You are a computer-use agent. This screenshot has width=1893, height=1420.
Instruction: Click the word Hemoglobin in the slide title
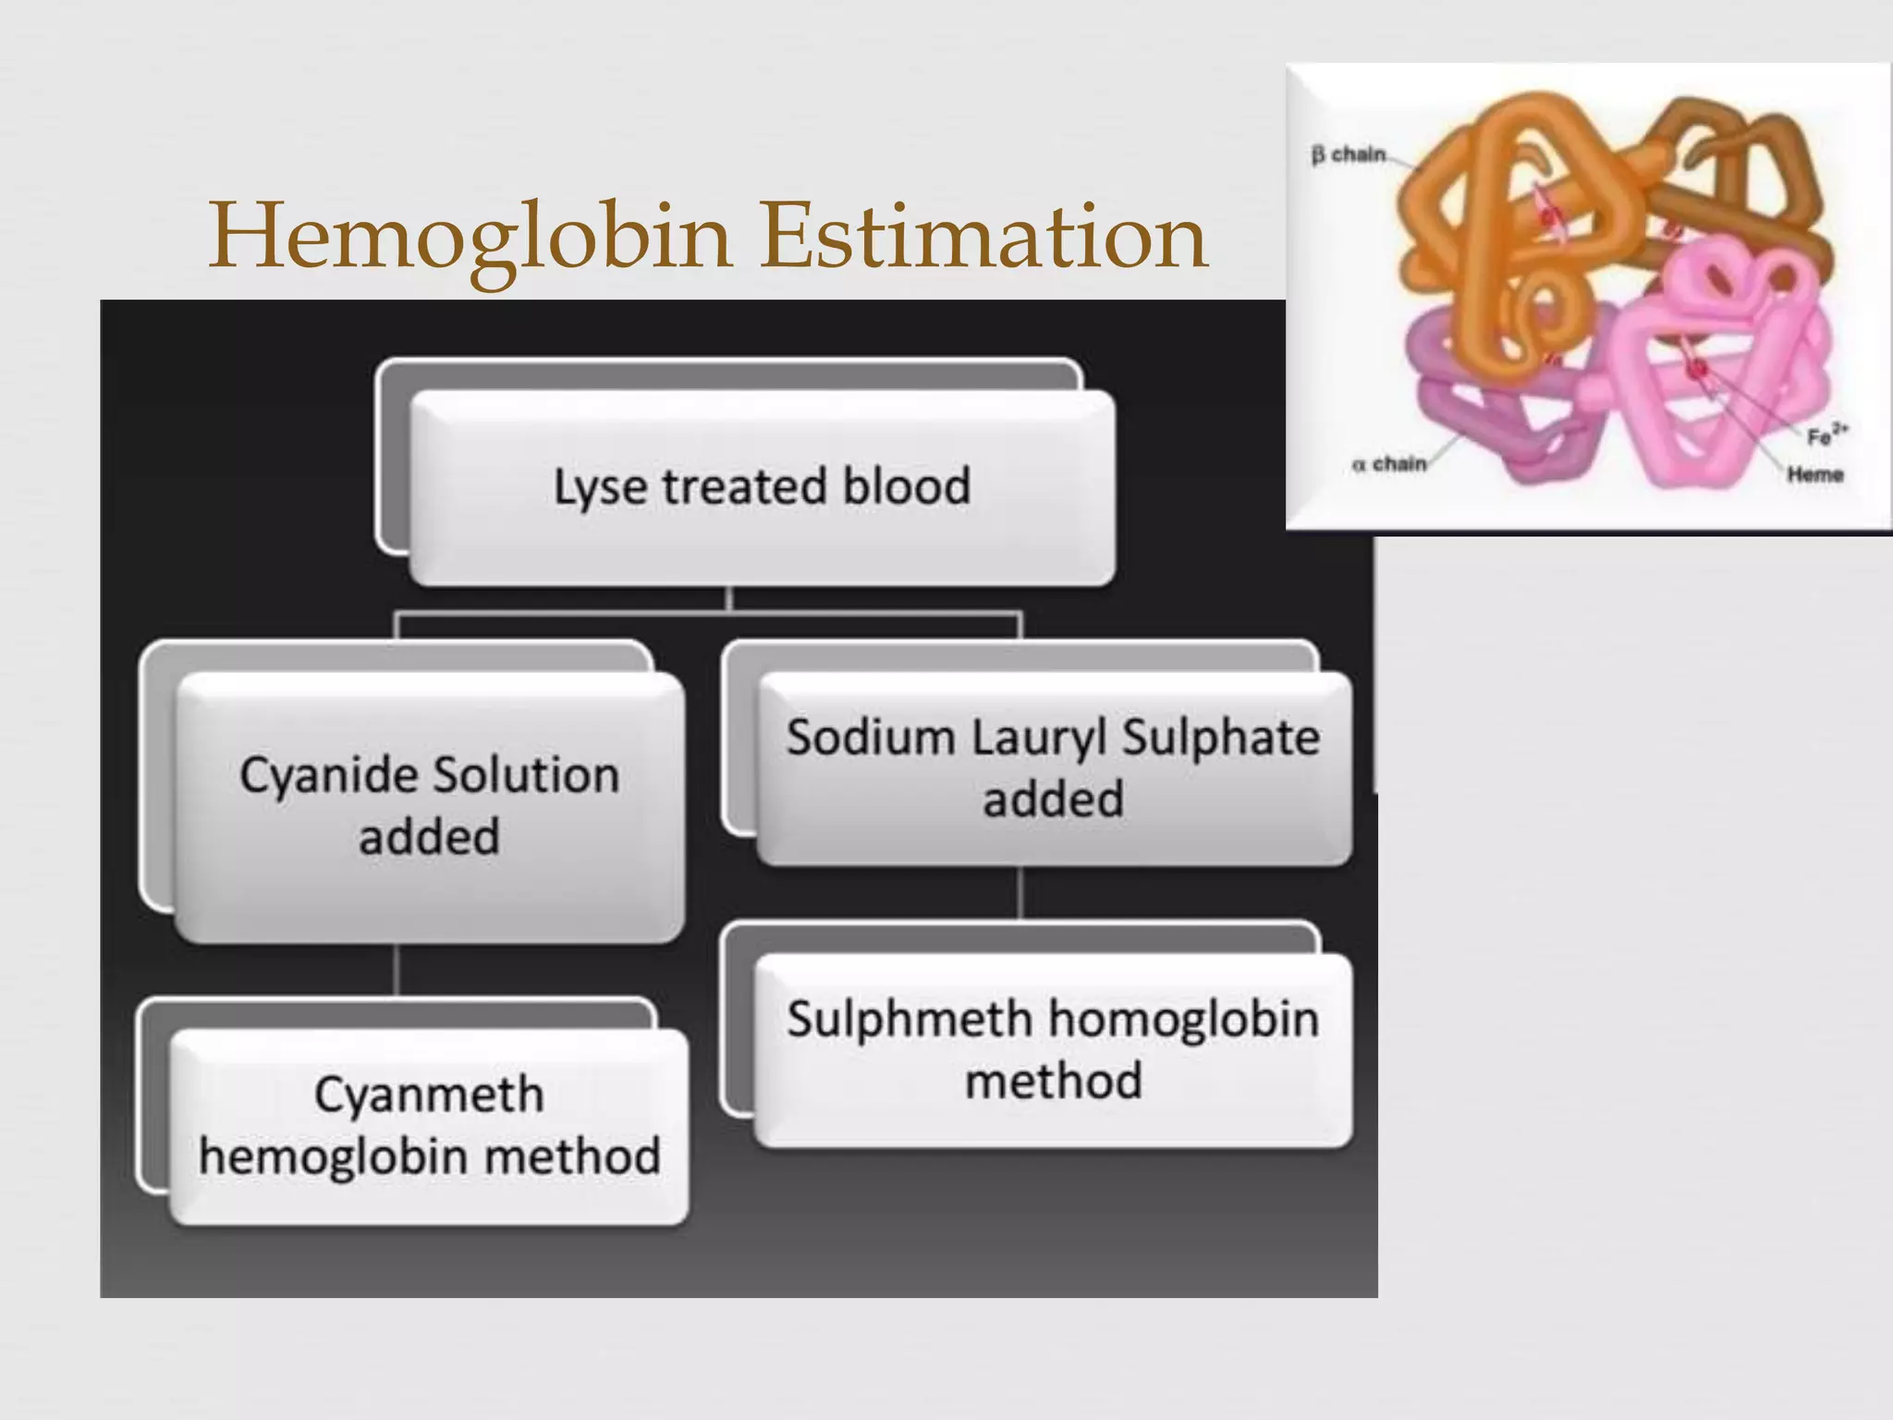pos(471,237)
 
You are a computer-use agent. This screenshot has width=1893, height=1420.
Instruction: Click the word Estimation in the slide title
pos(983,237)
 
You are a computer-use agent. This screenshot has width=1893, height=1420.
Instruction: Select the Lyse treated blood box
pos(762,487)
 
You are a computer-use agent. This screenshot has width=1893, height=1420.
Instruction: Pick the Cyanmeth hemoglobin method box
pos(430,1126)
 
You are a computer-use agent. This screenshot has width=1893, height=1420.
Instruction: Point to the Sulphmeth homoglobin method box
pos(1053,1050)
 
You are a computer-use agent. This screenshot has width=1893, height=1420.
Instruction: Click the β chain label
pos(1349,154)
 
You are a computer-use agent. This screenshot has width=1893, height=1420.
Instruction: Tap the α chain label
pos(1389,464)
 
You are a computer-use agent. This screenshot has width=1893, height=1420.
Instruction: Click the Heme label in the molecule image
pos(1814,475)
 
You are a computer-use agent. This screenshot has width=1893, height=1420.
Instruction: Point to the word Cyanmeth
pos(429,1096)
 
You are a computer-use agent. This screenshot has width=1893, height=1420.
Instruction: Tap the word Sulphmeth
pos(910,1020)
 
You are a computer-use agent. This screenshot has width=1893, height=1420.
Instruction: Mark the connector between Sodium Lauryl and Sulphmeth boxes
pos(1020,892)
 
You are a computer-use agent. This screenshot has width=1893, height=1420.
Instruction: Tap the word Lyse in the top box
pos(599,487)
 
